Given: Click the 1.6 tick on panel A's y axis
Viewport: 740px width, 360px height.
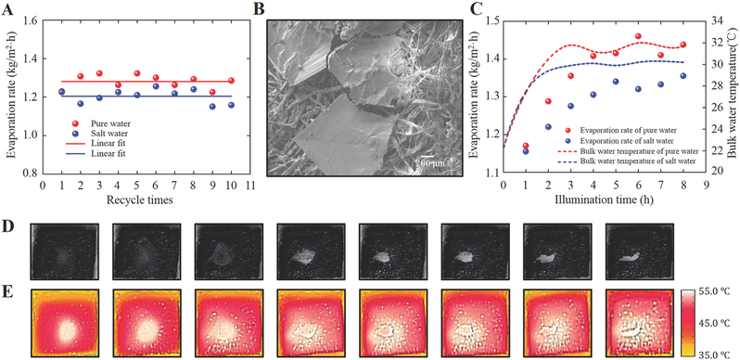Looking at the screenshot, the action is point(31,20).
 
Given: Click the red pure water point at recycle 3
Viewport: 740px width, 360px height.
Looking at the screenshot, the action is point(99,73).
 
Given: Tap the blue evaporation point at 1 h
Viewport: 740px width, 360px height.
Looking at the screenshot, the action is point(526,151).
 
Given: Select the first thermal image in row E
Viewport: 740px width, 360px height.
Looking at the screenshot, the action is point(65,323).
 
